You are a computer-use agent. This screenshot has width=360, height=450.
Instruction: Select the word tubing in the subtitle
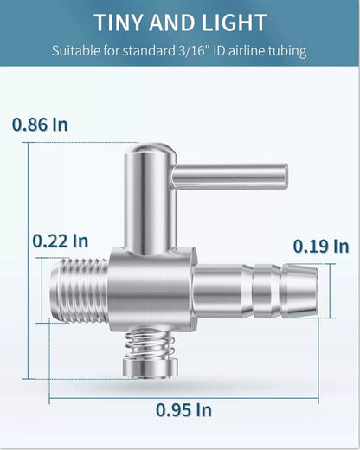point(287,51)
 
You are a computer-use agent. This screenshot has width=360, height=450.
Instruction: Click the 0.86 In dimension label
point(40,125)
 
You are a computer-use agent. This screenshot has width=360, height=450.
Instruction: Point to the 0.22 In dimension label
point(61,241)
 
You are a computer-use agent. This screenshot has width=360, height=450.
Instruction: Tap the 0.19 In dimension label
point(321,247)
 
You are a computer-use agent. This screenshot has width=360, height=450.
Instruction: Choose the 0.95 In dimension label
point(183,410)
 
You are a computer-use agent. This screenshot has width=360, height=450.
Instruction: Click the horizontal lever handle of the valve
point(230,176)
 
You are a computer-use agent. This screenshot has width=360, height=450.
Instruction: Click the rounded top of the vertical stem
point(151,151)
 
